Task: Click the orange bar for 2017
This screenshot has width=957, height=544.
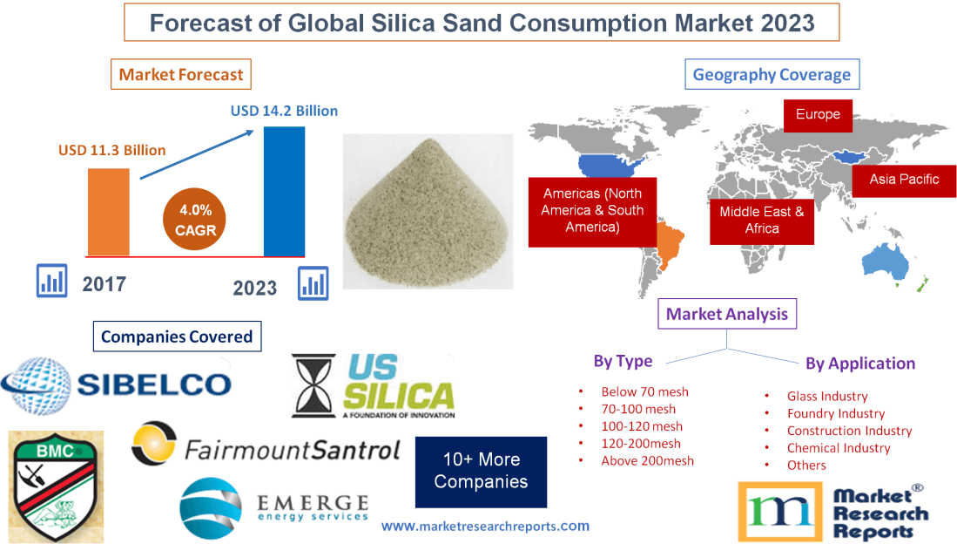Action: coord(109,211)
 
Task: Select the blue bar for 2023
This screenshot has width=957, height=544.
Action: coord(284,191)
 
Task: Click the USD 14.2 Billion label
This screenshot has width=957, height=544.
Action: coord(284,111)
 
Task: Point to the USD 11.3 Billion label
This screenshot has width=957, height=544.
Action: coord(112,150)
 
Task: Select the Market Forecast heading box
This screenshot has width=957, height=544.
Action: coord(181,74)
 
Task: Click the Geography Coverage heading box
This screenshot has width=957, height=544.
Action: coord(772,74)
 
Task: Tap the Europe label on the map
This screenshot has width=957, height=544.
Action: coord(818,115)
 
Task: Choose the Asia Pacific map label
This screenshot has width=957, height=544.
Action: coord(904,179)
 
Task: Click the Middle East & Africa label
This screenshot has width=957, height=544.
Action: coord(762,220)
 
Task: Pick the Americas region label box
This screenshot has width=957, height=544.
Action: coord(592,210)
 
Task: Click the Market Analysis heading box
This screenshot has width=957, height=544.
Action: coord(727,314)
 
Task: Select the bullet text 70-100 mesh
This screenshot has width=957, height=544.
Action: coord(638,409)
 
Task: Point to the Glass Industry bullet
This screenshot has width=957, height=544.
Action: coord(827,396)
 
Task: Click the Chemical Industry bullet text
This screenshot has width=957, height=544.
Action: coord(839,448)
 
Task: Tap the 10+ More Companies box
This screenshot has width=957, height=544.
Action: coord(481,471)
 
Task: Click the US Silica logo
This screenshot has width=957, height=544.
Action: coord(374,385)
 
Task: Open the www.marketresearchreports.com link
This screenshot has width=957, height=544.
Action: coord(485,526)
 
